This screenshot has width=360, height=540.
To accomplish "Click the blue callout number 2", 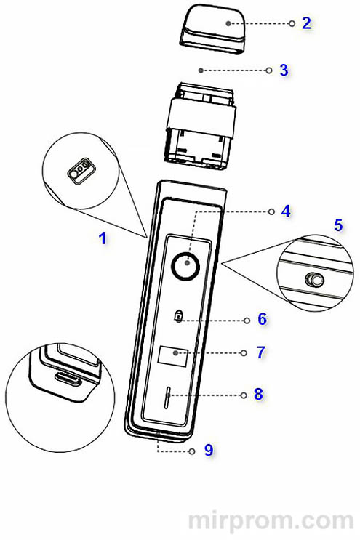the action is click(306, 23).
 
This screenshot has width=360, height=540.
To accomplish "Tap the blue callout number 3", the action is click(284, 70).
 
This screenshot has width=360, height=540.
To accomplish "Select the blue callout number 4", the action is click(286, 211).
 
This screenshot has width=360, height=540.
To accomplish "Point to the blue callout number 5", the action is click(338, 225).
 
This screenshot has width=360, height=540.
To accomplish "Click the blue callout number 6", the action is click(263, 319).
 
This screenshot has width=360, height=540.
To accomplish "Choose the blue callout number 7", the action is click(261, 352).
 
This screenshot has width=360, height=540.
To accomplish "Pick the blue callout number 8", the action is click(258, 395).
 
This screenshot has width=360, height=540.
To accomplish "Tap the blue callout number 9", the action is click(209, 450).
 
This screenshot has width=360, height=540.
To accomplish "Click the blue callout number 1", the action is click(103, 238).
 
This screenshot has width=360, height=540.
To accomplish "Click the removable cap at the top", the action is click(212, 31).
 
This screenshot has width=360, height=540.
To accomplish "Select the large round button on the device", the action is click(186, 265).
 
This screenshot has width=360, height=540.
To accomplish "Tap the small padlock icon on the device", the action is click(178, 316).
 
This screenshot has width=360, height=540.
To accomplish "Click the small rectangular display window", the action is click(173, 357).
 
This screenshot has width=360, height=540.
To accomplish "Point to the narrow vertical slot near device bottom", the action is click(167, 397).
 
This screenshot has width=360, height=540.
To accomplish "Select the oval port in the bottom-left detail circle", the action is click(68, 379).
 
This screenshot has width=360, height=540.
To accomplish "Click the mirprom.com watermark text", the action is click(271, 520).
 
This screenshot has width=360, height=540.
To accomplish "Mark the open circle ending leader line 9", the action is click(192, 451).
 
